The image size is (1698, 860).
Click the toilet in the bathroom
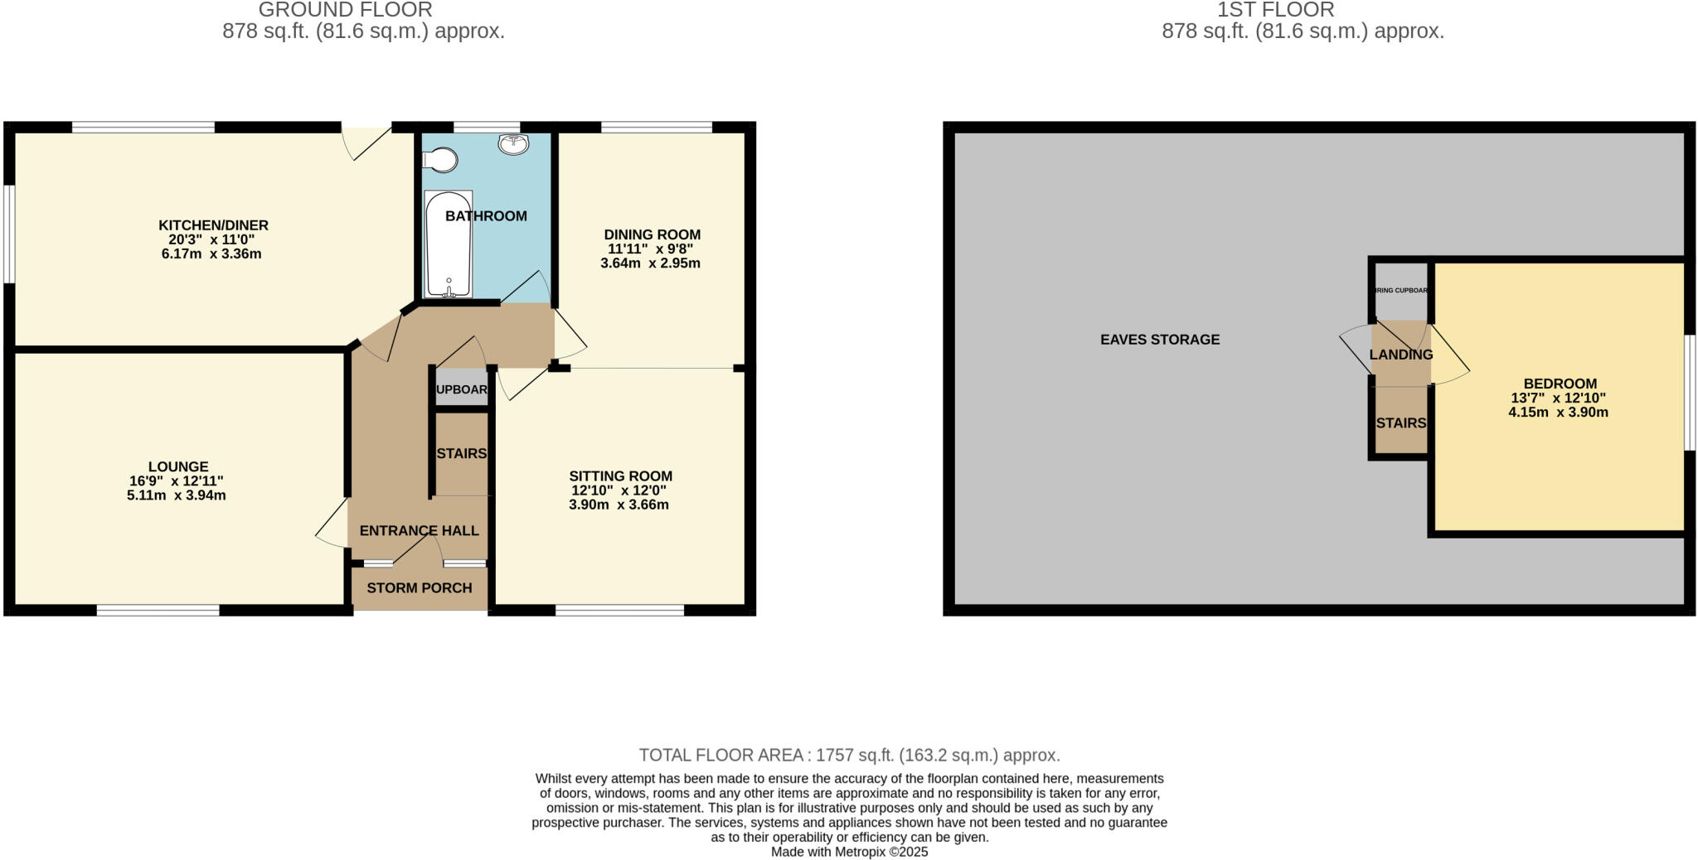click(442, 160)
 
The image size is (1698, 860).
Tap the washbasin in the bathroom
click(514, 144)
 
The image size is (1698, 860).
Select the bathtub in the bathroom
click(449, 244)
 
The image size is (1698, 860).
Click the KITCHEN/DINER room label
click(213, 225)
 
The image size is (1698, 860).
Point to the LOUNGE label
click(178, 466)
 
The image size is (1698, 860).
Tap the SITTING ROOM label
click(620, 476)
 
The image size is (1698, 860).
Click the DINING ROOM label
click(652, 234)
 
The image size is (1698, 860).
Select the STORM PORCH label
click(420, 588)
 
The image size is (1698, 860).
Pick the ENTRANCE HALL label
click(419, 531)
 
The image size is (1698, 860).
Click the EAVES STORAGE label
click(1160, 340)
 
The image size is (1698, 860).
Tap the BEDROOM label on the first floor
click(1560, 384)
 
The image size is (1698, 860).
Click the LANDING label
click(1400, 355)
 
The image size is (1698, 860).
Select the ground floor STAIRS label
click(461, 454)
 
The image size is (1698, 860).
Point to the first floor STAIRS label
click(1400, 423)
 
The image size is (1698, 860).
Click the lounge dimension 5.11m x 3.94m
click(176, 495)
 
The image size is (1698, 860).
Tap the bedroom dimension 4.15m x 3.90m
click(1558, 412)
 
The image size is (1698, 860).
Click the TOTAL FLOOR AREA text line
click(849, 755)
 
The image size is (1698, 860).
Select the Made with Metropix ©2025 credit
click(849, 852)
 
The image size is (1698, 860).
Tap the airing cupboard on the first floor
click(1400, 292)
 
